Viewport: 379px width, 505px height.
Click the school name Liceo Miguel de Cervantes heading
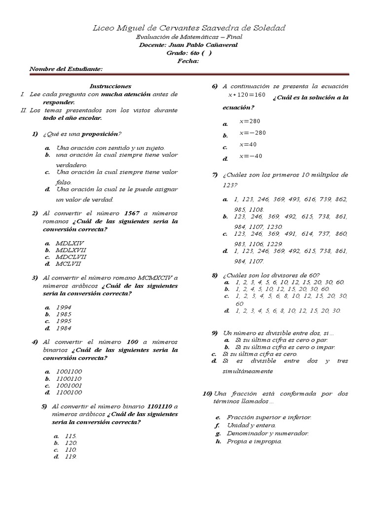point(189,28)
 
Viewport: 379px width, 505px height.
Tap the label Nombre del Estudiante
point(66,69)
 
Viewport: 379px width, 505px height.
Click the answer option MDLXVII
point(71,250)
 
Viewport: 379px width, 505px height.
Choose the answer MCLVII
point(69,264)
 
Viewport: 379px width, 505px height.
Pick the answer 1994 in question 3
point(64,307)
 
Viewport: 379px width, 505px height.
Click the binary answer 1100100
point(69,393)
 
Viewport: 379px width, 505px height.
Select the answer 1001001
point(69,386)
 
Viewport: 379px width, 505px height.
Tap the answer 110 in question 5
point(71,450)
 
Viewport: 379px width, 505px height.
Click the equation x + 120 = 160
point(247,95)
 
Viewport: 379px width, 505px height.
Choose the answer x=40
point(248,144)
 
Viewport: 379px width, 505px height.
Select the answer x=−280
point(253,133)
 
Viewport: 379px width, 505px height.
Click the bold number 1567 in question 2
point(132,213)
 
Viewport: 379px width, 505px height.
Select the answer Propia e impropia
point(254,441)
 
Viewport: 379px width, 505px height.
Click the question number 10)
point(207,394)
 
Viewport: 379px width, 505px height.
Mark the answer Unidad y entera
point(251,425)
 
